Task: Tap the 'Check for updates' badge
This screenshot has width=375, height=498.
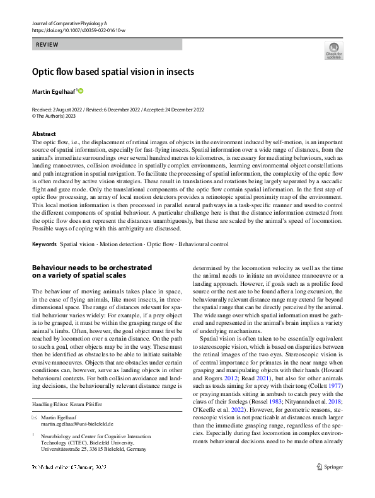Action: pos(333,51)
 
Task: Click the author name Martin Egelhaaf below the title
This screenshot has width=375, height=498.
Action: pos(53,92)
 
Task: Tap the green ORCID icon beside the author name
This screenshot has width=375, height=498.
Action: pos(81,91)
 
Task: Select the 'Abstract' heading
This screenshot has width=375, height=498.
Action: pos(45,134)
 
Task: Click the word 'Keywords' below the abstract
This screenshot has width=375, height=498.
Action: pos(44,244)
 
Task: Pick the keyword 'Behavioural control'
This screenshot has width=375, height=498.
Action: pos(203,244)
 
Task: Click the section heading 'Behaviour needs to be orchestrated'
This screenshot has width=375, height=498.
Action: pos(92,268)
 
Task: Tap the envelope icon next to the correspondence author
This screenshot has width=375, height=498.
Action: pos(34,418)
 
